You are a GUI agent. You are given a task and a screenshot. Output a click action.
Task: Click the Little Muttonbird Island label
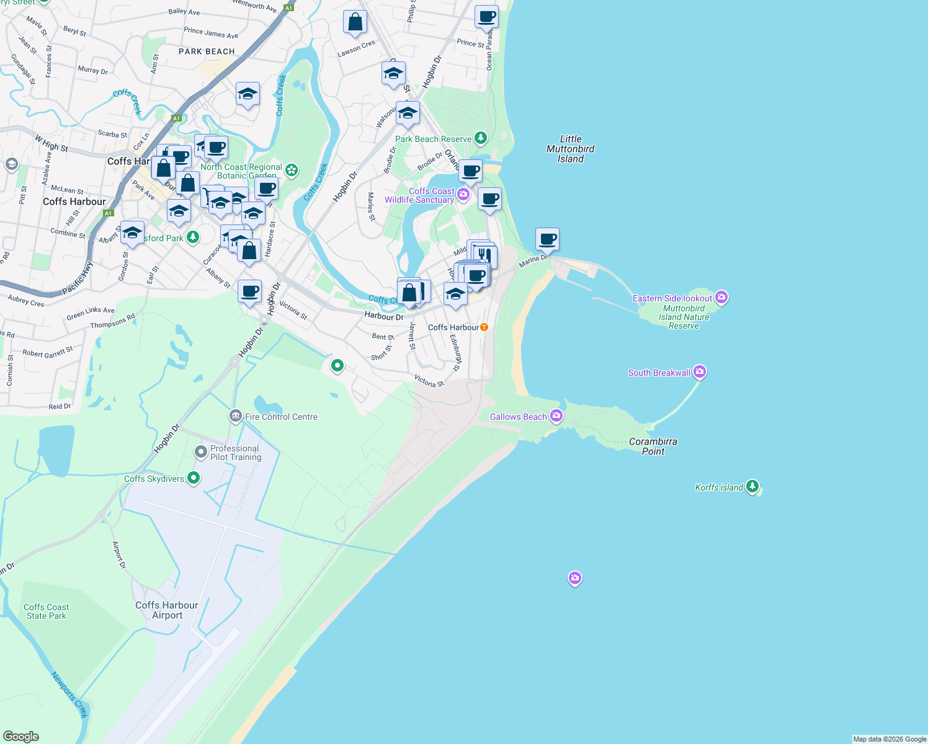pos(570,149)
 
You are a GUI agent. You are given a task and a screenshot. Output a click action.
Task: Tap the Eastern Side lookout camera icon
pos(721,298)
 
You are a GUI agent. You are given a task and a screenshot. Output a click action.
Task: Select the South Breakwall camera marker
pos(700,372)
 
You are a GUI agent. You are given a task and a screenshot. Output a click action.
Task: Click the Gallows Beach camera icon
pos(556,416)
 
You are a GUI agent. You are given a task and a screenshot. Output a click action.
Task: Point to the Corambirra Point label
pos(653,446)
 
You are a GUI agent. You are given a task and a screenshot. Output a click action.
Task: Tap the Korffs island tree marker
pos(752,486)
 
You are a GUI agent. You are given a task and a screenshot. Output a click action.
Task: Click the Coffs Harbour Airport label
pos(167,610)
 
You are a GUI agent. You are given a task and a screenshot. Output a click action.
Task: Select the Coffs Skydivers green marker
pos(194,478)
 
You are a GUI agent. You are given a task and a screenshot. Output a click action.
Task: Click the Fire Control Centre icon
pos(235,416)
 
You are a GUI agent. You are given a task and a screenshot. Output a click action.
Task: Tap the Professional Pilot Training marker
pos(200,452)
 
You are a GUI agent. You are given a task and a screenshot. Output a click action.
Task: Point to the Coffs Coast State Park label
pos(46,611)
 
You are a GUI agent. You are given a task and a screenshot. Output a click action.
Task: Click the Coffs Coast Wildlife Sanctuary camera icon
pos(463,195)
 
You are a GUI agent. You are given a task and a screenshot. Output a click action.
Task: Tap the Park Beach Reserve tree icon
pos(481,138)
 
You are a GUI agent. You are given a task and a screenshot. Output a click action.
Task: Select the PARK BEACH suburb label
pos(207,51)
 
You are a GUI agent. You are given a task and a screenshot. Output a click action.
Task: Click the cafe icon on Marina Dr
pos(548,239)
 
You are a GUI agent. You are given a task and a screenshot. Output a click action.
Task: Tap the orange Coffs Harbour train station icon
pos(484,327)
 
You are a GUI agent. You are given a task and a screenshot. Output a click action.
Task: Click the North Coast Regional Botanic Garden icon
pos(291,170)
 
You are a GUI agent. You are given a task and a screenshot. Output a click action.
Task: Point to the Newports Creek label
pos(69,694)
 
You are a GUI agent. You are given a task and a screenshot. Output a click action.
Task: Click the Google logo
pos(21,736)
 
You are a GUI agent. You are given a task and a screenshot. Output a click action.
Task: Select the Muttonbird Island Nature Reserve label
pos(684,317)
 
